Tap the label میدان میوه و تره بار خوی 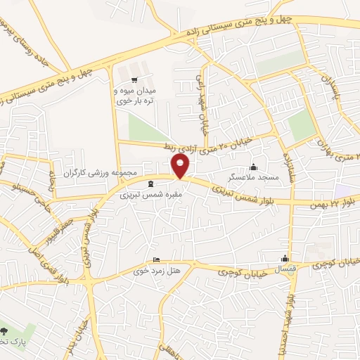point(134,97)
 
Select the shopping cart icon point(134,79)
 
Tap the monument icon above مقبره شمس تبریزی point(150,184)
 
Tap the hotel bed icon point(156,259)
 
